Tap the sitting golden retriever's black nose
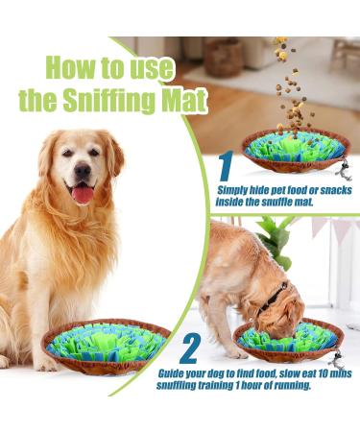click(x=83, y=172)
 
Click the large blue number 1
click(x=226, y=168)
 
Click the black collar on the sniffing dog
click(x=275, y=293)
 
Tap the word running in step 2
click(x=290, y=386)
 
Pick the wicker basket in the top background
click(x=226, y=58)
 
